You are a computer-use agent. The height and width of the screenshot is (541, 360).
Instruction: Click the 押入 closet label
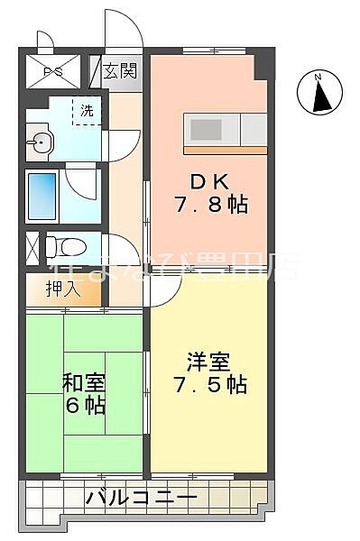click(x=64, y=289)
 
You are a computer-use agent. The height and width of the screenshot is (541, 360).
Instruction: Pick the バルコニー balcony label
click(x=143, y=497)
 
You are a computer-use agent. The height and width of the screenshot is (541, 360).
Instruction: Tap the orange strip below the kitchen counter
click(x=226, y=148)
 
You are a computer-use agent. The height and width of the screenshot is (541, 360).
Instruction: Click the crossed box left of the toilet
click(x=32, y=246)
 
